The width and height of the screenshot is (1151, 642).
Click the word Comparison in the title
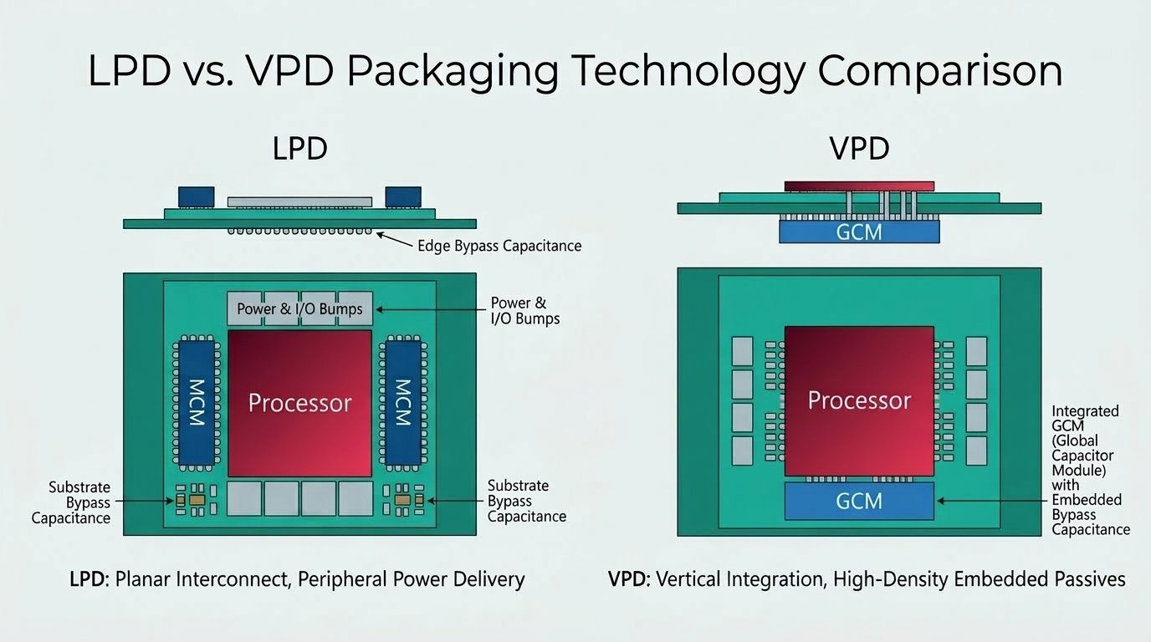coord(940,70)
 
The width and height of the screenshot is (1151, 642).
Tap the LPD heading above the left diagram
coord(299,149)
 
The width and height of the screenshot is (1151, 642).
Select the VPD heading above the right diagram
coord(859,149)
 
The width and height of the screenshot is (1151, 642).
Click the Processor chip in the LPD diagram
coord(299,403)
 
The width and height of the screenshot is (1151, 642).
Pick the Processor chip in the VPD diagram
coord(859,400)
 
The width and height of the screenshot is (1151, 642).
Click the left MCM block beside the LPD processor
coord(196,403)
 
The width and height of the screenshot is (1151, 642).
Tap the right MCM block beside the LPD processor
coord(403,403)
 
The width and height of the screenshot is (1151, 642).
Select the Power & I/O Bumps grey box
coord(299,308)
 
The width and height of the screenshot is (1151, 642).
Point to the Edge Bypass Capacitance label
coord(499,246)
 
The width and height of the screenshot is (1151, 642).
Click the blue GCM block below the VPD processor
coord(859,501)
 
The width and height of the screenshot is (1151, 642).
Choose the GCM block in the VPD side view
coord(859,231)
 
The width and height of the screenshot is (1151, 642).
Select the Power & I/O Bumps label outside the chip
coord(524,310)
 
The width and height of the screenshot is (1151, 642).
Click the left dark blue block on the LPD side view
coord(196,197)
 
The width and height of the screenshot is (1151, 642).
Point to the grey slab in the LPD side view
coord(299,201)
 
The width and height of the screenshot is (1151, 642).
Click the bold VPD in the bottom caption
coord(629,578)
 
